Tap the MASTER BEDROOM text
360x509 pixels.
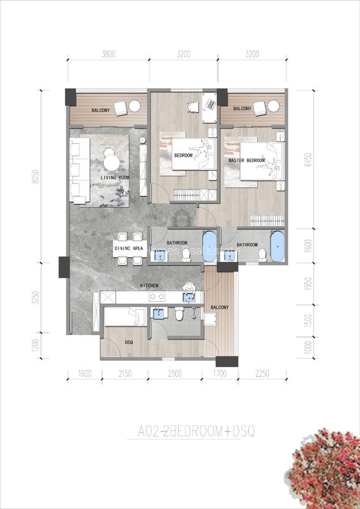click(x=247, y=161)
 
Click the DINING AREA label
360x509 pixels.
click(x=128, y=248)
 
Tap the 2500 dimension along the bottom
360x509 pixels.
click(x=175, y=373)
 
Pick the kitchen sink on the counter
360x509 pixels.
click(x=188, y=296)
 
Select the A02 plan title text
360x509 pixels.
click(x=197, y=432)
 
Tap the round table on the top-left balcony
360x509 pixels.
click(x=135, y=107)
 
